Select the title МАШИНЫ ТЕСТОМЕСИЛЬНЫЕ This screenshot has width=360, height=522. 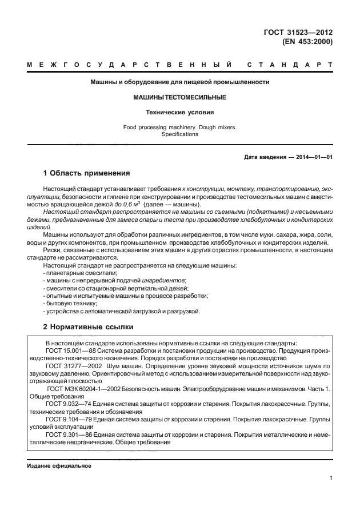pos(179,98)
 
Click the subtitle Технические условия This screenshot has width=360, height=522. pos(179,113)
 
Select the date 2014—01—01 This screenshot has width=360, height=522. pos(313,157)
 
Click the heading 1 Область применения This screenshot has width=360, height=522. pos(87,173)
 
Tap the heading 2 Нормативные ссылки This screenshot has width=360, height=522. pos(88,327)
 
